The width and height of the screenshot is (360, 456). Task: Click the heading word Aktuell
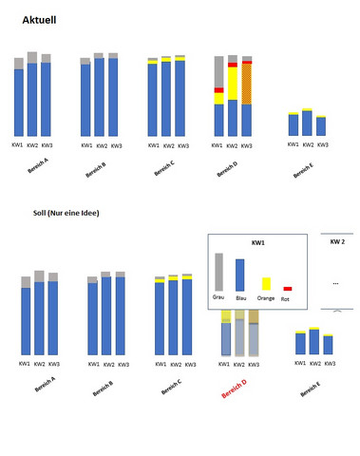38,18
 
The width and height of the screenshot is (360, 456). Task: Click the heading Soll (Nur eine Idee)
66,214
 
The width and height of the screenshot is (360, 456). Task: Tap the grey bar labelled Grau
219,272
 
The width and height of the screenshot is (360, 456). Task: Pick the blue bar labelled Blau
240,275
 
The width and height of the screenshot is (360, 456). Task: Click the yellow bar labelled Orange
266,284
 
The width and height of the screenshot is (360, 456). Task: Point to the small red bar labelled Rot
288,288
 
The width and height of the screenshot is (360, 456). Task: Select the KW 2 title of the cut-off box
339,242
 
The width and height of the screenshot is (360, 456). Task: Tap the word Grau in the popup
218,297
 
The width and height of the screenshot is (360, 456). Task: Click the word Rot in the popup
285,298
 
